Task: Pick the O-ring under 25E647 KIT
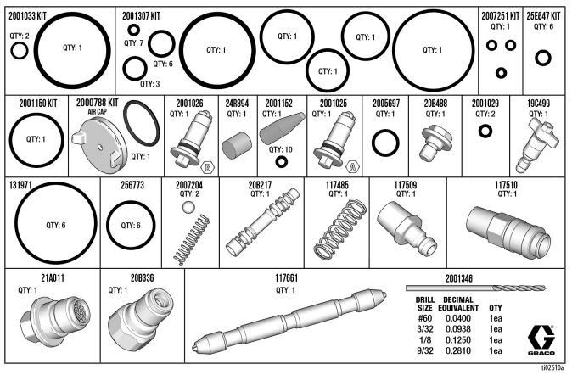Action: click(x=543, y=58)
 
